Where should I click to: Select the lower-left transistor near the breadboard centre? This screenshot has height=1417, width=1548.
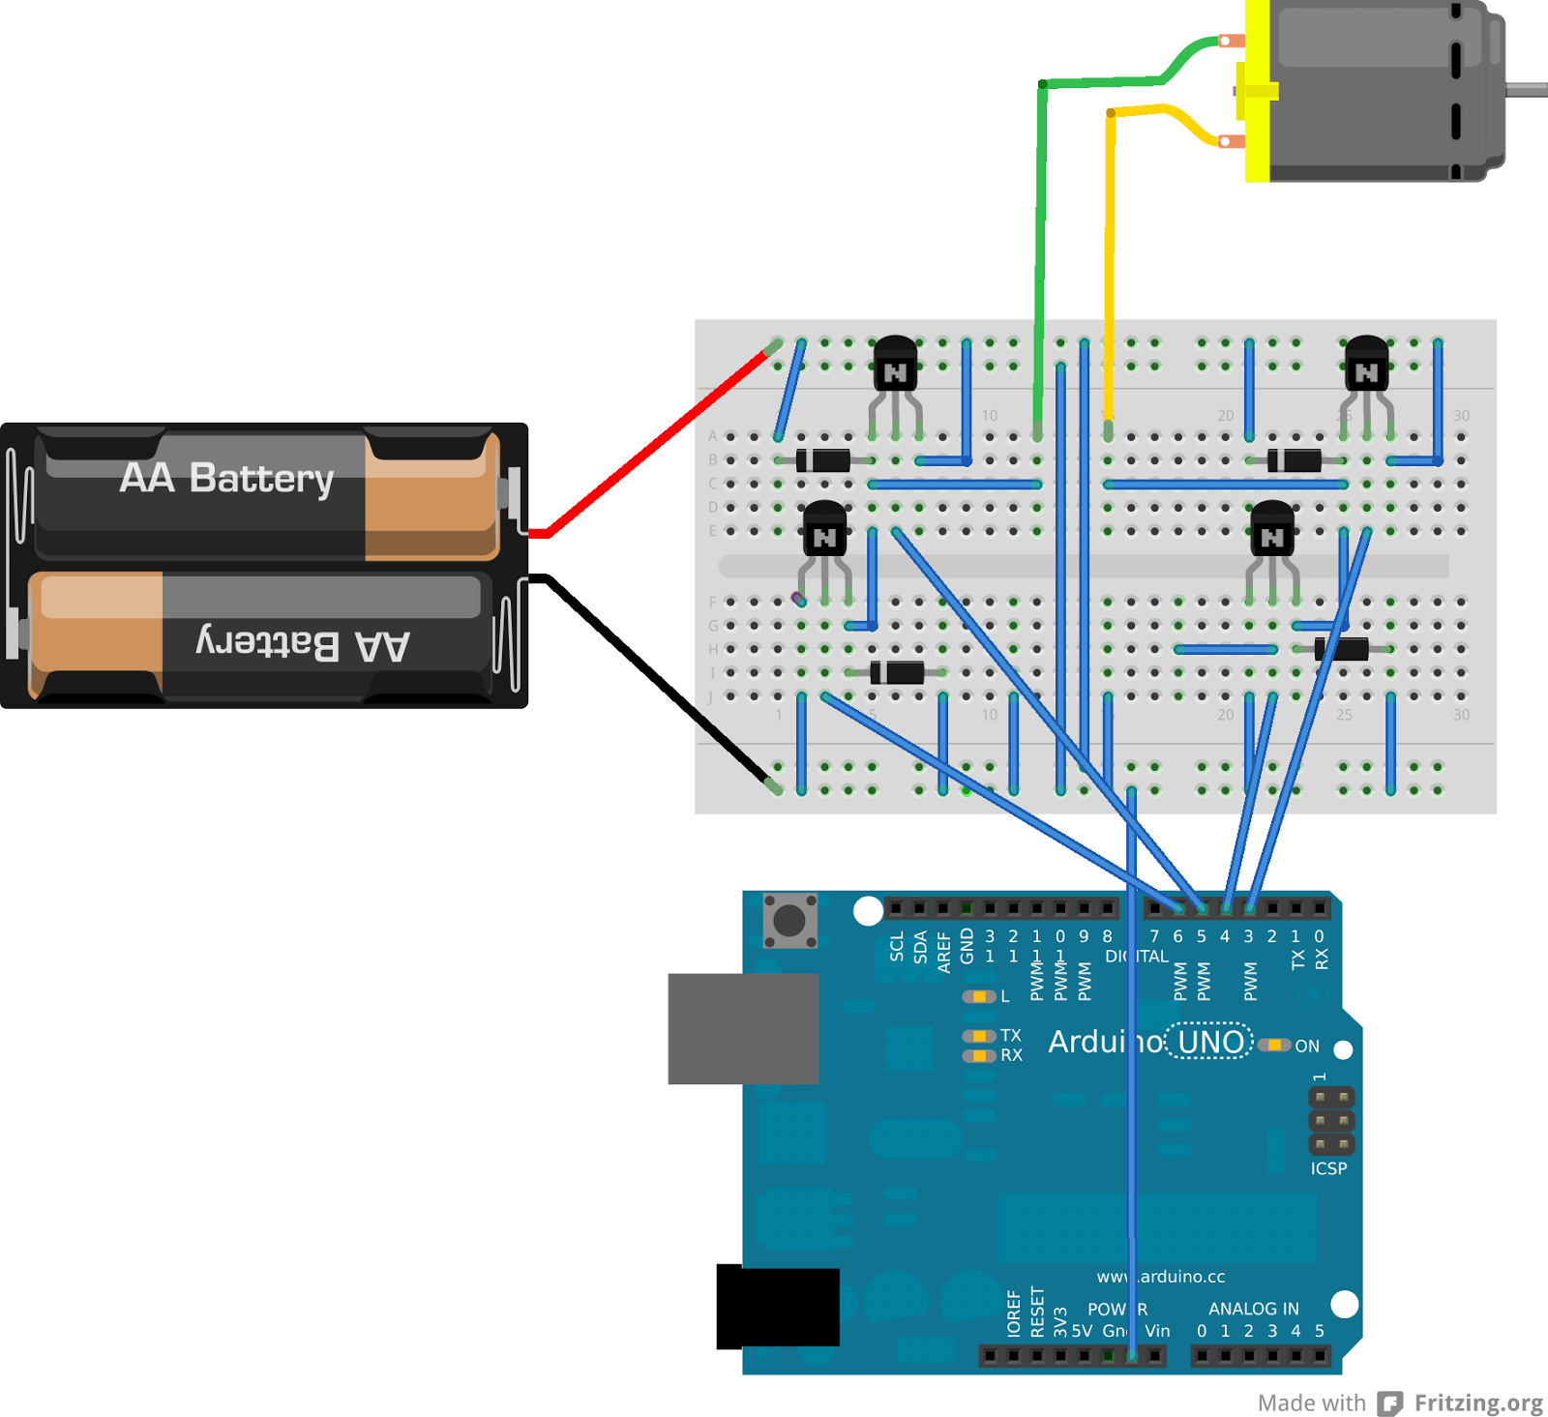(x=824, y=531)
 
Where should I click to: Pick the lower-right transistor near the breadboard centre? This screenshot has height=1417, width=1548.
(x=1272, y=531)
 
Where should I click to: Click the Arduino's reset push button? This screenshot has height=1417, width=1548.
(x=789, y=920)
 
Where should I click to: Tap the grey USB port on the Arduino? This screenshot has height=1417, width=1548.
(x=742, y=1028)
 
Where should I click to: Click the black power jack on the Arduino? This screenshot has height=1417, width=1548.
(x=777, y=1306)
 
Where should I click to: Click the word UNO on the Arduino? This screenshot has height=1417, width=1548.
(x=1210, y=1042)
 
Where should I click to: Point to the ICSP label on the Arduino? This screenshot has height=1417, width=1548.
(x=1328, y=1168)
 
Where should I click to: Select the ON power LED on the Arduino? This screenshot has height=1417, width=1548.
(x=1275, y=1045)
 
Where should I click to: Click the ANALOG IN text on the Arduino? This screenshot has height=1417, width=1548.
(x=1253, y=1309)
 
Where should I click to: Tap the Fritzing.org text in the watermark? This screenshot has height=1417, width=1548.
(x=1477, y=1402)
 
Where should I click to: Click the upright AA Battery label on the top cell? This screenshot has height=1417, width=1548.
(x=227, y=478)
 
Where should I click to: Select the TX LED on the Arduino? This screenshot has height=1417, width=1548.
(x=980, y=1036)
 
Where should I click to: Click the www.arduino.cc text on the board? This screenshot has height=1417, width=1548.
(x=1161, y=1277)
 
